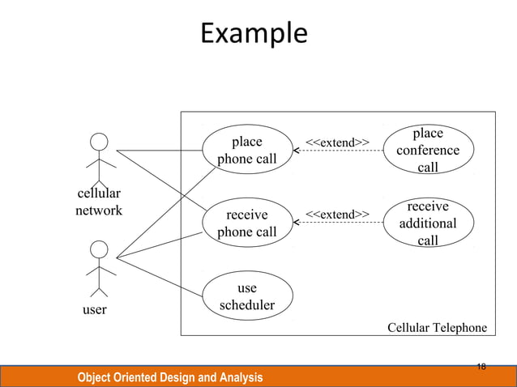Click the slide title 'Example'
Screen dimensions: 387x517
point(254,34)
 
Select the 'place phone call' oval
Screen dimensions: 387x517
point(247,150)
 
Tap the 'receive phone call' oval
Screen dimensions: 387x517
point(247,223)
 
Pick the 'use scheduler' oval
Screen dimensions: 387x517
point(247,296)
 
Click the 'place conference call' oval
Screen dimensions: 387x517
point(428,150)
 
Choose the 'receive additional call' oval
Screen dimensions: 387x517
point(428,223)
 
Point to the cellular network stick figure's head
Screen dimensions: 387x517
point(99,142)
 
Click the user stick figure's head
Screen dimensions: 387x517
point(99,249)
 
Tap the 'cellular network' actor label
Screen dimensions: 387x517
point(99,202)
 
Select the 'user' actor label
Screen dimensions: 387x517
point(96,309)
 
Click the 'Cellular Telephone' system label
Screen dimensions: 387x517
point(437,327)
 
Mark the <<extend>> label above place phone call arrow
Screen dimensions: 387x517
point(337,142)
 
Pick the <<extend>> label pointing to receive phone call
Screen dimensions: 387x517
point(337,214)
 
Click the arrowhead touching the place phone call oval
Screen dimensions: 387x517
point(297,151)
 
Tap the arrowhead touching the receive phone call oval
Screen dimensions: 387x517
point(297,222)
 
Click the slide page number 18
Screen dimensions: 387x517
point(481,367)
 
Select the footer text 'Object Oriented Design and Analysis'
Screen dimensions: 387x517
point(170,377)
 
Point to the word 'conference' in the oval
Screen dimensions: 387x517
point(428,151)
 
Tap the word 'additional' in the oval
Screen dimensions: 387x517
point(428,223)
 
